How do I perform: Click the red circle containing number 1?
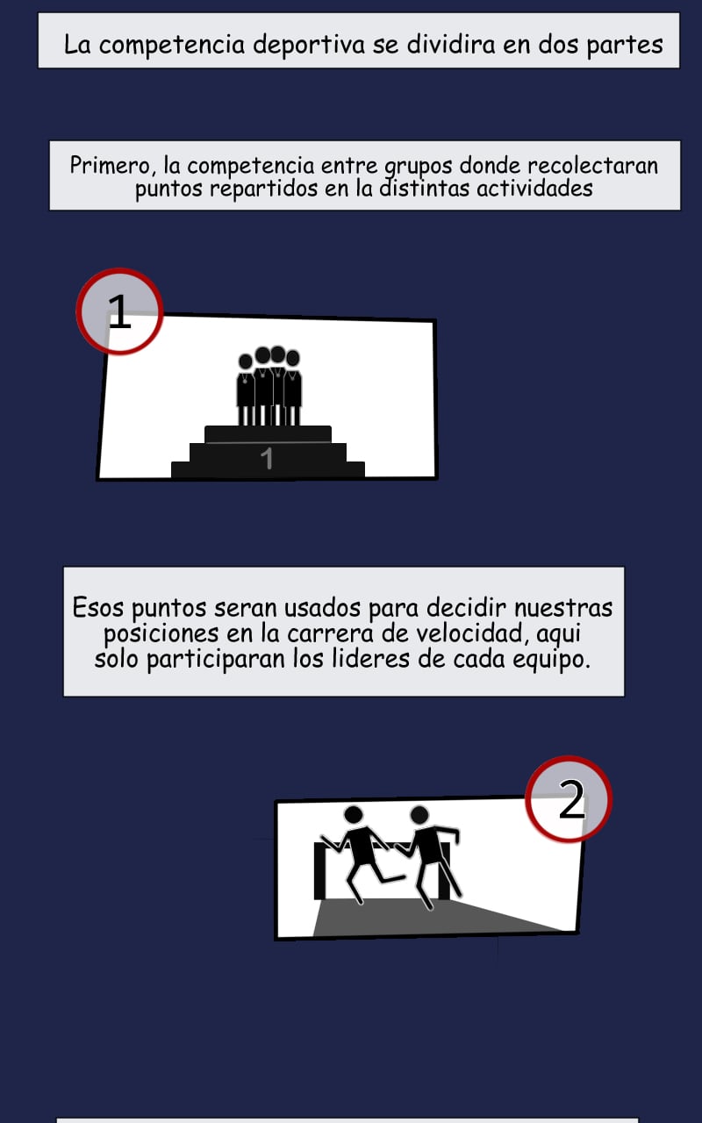120,311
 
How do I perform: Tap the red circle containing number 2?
569,798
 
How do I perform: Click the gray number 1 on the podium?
268,458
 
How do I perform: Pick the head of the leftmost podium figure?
246,361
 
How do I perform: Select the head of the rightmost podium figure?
293,358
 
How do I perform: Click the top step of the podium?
268,434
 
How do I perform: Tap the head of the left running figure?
354,815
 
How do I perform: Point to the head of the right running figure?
419,815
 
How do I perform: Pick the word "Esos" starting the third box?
97,608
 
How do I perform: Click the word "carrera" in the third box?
331,633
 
